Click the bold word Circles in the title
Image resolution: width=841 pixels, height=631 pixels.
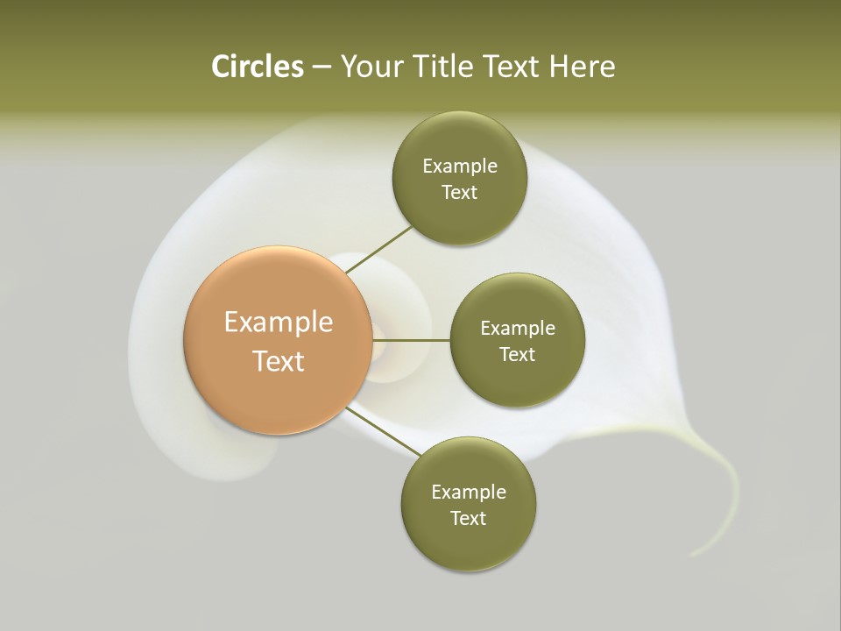tap(257, 67)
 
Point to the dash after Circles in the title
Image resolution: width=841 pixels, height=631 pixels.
tap(322, 67)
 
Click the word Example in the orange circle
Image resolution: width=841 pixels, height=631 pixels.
tap(279, 323)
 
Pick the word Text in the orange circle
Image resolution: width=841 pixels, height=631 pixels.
tap(279, 361)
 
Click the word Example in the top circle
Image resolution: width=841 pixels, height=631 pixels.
tap(460, 167)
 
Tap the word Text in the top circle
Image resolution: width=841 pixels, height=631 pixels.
tap(460, 193)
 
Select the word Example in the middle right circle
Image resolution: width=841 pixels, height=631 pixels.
tap(518, 329)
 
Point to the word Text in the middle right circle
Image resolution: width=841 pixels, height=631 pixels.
tap(518, 355)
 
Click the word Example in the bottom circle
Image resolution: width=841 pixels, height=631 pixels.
tap(469, 493)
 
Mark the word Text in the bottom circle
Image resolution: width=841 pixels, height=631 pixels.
tap(469, 519)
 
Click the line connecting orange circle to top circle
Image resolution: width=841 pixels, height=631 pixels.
tap(379, 249)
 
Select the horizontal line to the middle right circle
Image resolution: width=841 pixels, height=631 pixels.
tap(412, 340)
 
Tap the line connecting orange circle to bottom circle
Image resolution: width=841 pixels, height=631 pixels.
tap(384, 431)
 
